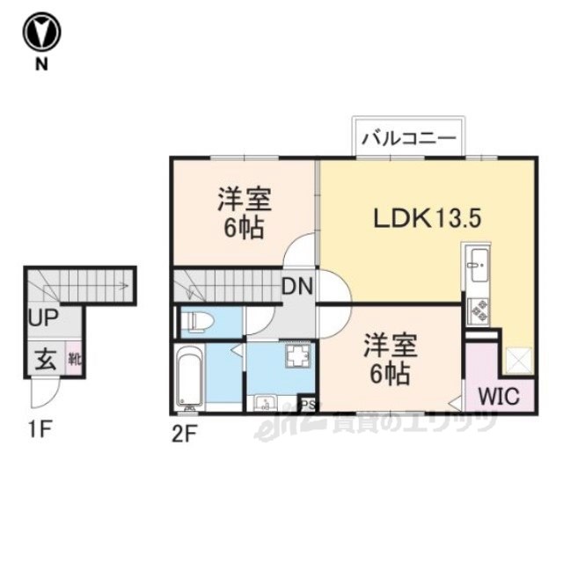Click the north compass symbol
42,33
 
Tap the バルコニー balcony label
408,138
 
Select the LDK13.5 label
427,219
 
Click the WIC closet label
499,396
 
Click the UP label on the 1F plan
43,318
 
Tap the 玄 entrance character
46,360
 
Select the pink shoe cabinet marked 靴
75,359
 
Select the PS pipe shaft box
308,404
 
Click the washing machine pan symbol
298,355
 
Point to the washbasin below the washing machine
266,403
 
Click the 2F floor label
184,435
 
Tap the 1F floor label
40,430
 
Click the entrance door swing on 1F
43,393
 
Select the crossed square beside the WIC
518,361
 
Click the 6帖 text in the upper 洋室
245,228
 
